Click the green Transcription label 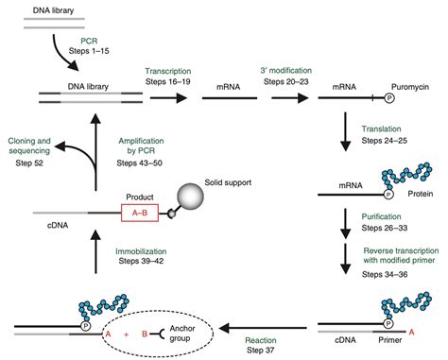pos(172,70)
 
